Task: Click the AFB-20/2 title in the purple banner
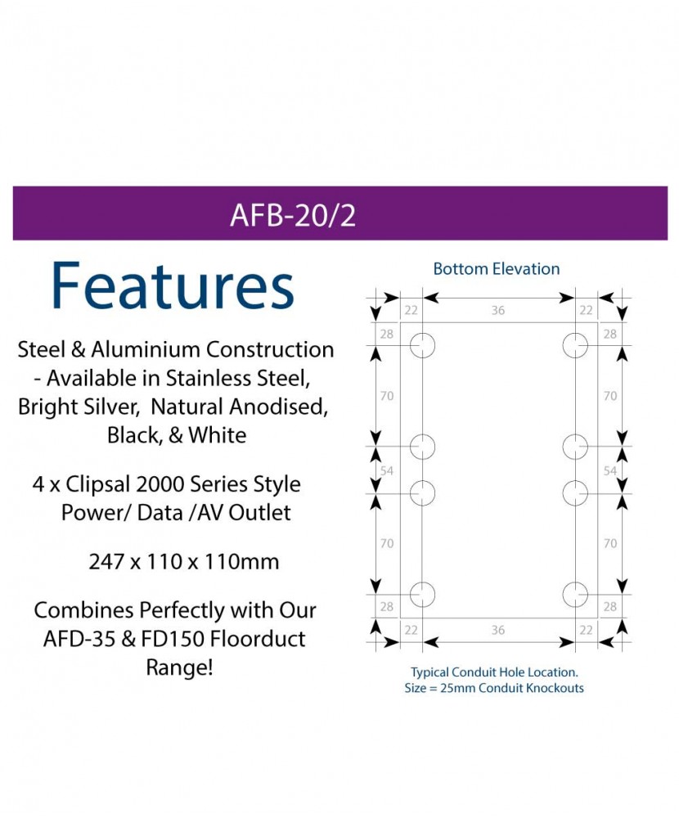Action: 293,215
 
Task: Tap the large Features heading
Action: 172,286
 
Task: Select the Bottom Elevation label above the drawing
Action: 497,269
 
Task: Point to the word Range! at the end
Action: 179,667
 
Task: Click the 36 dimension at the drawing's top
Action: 498,311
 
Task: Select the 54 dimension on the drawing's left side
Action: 387,471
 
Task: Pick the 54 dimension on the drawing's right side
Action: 609,471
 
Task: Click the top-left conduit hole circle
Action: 422,346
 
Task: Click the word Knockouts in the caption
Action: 555,688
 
